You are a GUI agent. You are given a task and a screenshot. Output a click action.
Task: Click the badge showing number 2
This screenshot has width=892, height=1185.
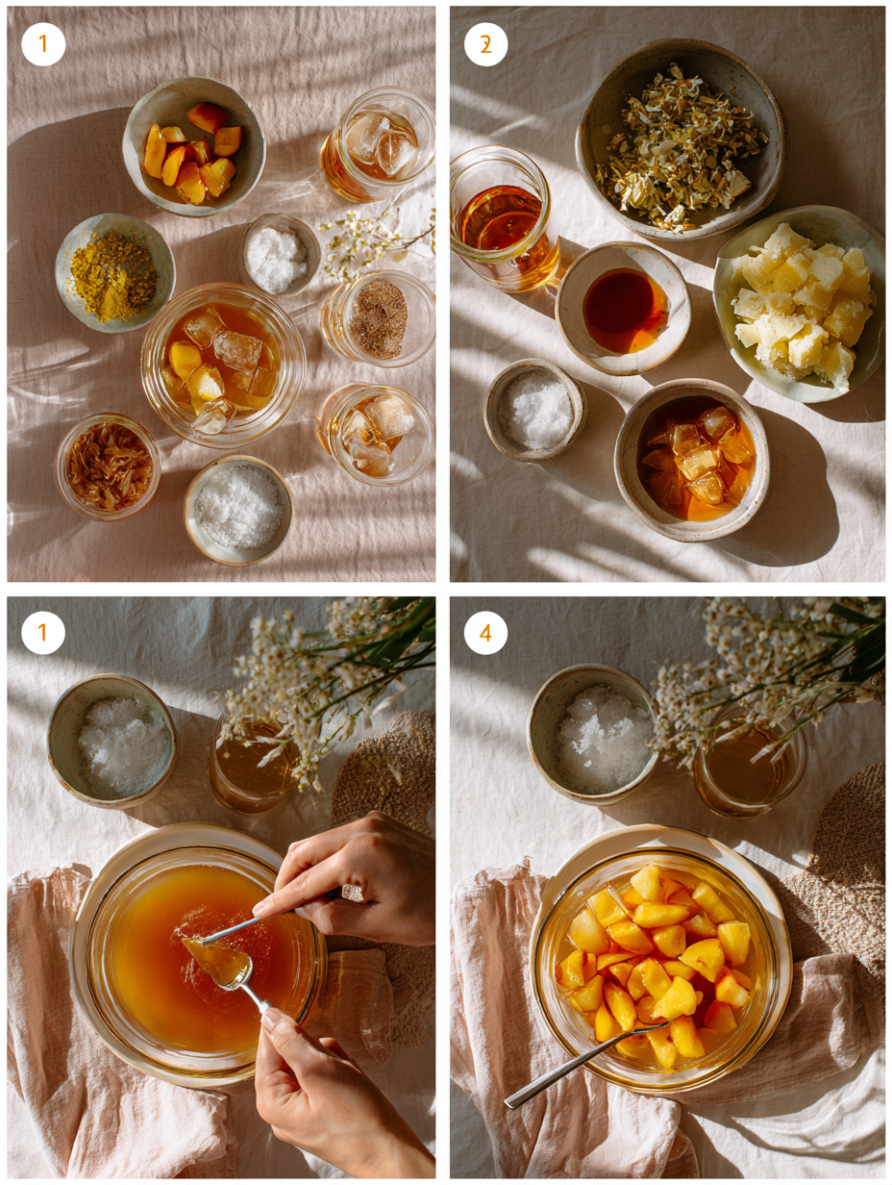[x=485, y=44]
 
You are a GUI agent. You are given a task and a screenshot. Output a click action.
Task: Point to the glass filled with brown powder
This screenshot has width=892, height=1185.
[x=378, y=318]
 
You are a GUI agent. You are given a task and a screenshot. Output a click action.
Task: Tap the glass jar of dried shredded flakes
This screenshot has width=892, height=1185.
[x=108, y=466]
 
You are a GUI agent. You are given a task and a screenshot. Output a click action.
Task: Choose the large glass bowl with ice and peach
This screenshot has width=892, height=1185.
[x=223, y=364]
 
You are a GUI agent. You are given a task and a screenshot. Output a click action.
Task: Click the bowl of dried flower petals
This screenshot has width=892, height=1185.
[x=680, y=145]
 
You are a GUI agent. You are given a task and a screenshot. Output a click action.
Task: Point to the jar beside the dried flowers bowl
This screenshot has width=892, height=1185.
[x=502, y=217]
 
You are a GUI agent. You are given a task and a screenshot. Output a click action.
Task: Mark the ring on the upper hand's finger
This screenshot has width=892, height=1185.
[x=352, y=894]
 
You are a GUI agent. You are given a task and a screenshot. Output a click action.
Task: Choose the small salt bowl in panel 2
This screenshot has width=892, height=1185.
[x=535, y=410]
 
